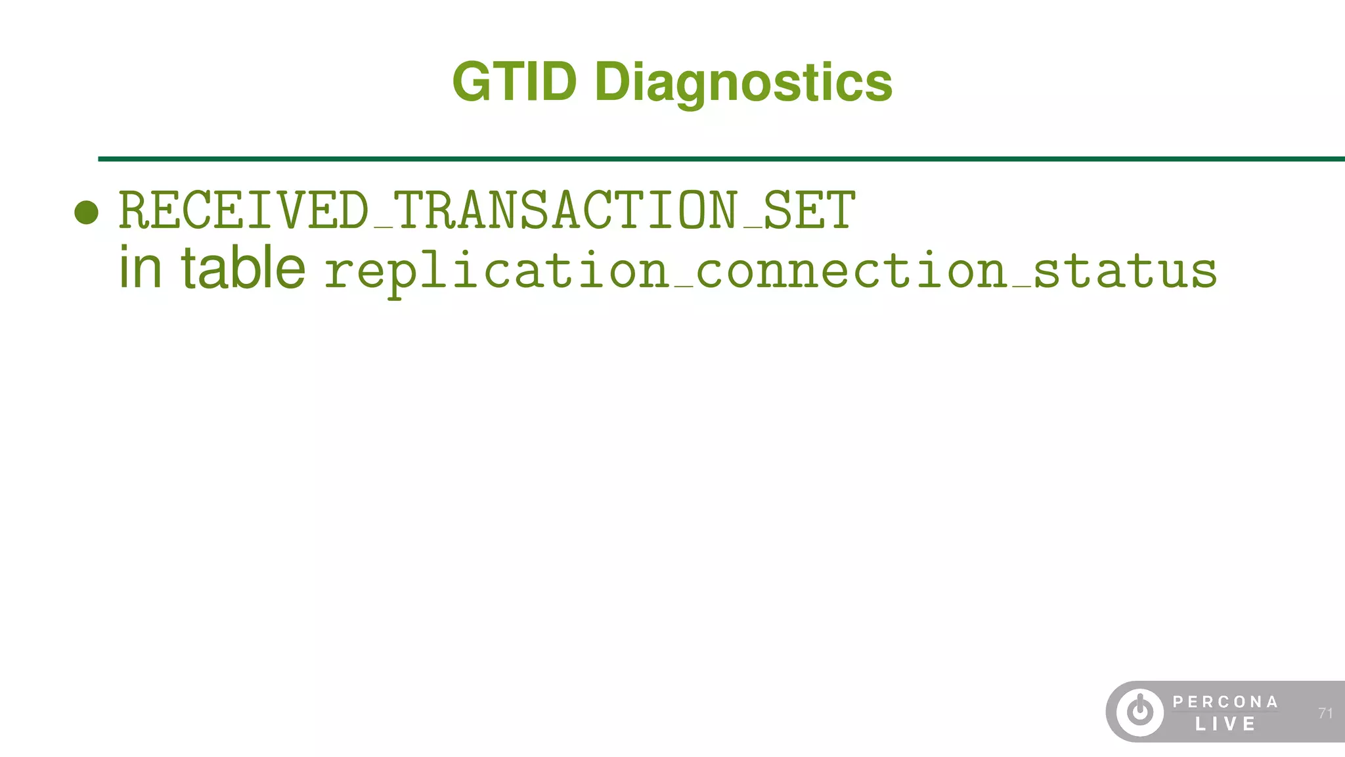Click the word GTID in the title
click(514, 82)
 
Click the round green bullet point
click(87, 212)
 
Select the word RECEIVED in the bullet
click(244, 210)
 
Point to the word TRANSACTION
click(565, 210)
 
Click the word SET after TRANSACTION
click(810, 210)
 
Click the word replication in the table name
click(496, 271)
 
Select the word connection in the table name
click(851, 271)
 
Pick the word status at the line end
click(1125, 271)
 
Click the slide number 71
click(1325, 713)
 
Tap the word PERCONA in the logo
click(1225, 702)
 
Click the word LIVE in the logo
click(1225, 724)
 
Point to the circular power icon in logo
click(1140, 712)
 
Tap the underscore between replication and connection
click(683, 287)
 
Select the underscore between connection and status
click(1021, 287)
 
